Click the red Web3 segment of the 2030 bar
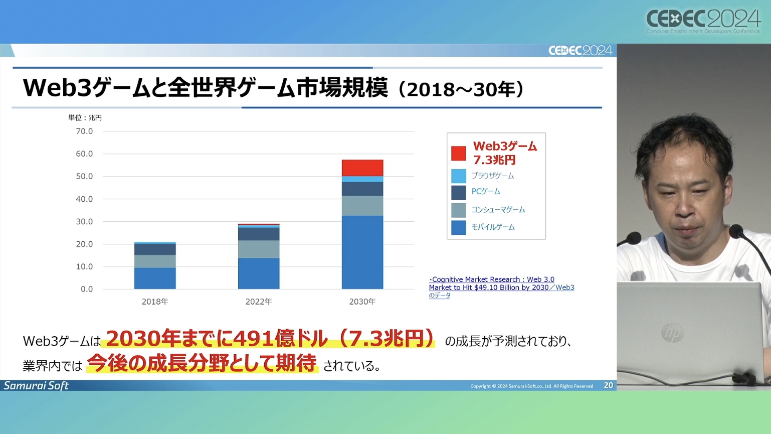(362, 168)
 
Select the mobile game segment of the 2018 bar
(155, 278)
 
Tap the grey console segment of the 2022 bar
(259, 249)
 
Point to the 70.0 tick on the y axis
(84, 131)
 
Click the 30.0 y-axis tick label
(84, 222)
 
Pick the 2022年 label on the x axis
(259, 302)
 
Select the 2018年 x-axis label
(155, 302)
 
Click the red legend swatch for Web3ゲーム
(458, 153)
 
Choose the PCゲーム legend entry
(485, 192)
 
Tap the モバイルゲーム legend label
(493, 227)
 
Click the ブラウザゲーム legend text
(492, 176)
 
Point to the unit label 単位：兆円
(85, 118)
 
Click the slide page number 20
(608, 385)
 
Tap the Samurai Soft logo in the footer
(36, 385)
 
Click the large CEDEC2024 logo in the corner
(703, 21)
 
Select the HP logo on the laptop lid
(672, 333)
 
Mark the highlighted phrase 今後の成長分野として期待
(202, 363)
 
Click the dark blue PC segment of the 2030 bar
(362, 189)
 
